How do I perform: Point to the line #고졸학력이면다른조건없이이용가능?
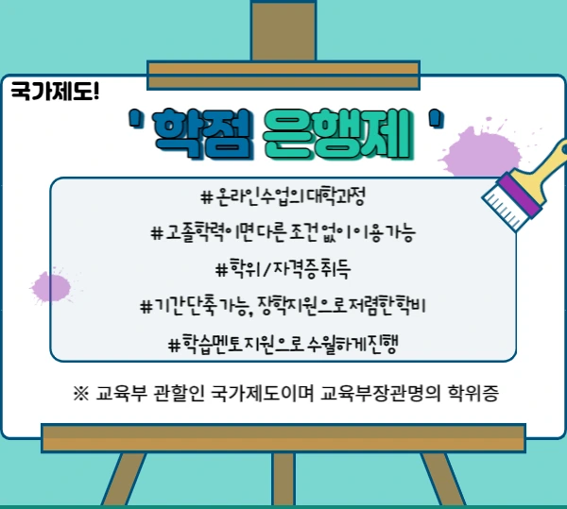(283, 232)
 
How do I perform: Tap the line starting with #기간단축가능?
(283, 305)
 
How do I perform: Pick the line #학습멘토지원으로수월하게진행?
(283, 342)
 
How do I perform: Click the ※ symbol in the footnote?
(79, 392)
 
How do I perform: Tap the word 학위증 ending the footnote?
(473, 392)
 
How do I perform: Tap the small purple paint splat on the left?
(47, 284)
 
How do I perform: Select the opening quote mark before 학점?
(136, 120)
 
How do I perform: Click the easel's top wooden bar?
(283, 68)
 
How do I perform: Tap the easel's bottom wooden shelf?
(283, 436)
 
